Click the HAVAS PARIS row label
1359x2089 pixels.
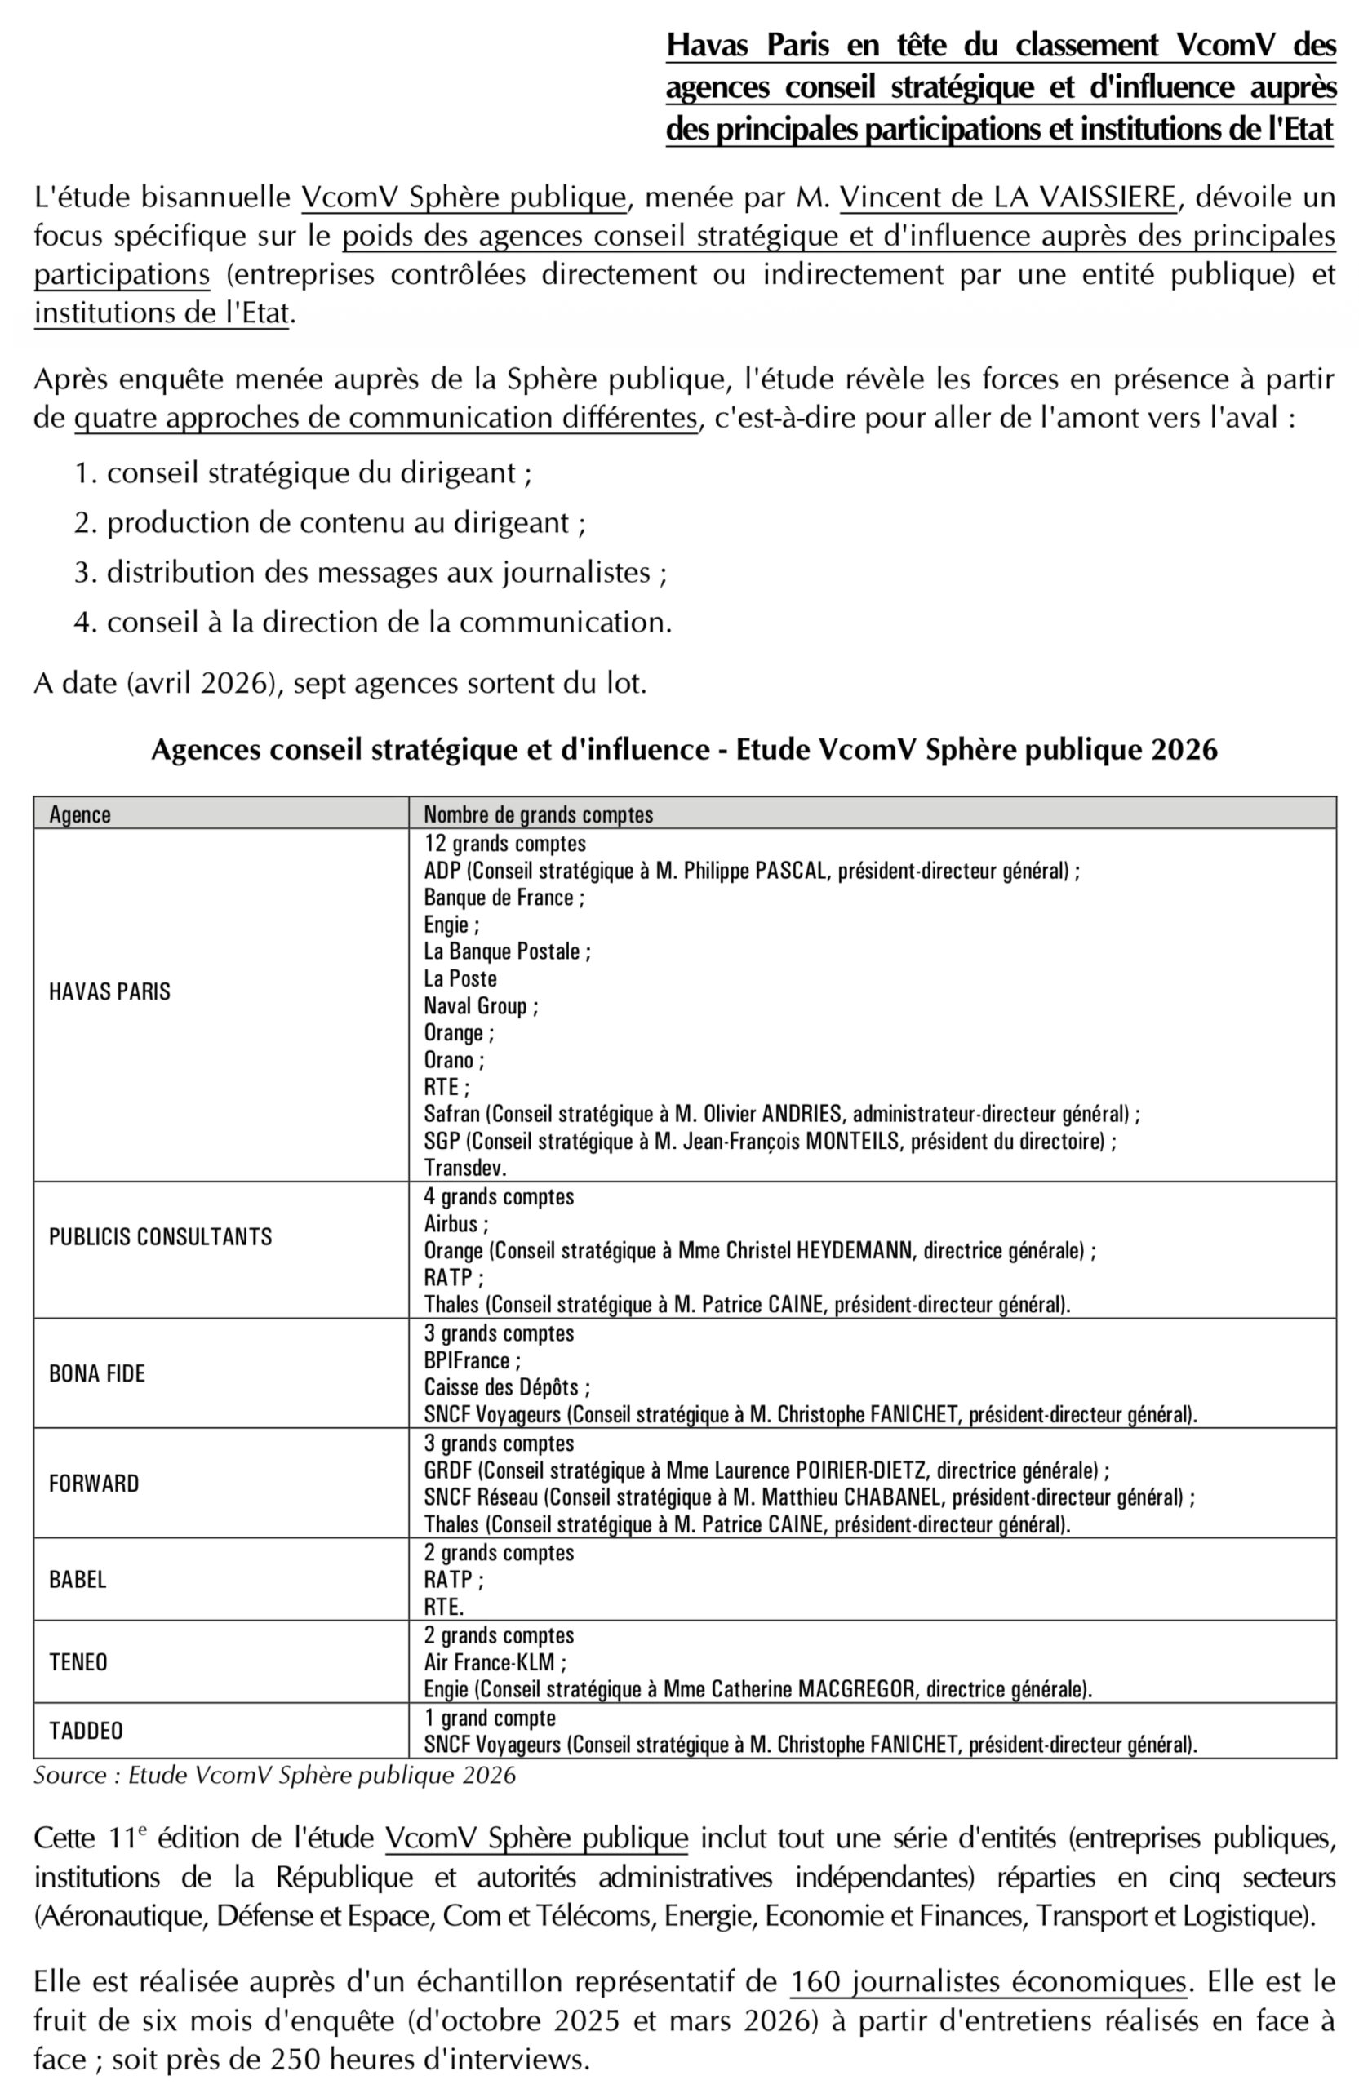click(109, 991)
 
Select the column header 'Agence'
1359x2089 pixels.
click(80, 814)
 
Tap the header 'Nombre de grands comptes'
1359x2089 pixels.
click(538, 814)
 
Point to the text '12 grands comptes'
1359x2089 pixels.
click(504, 844)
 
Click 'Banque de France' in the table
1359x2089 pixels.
click(499, 897)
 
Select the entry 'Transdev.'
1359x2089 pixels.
click(465, 1169)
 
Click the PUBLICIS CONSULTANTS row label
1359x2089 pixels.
click(161, 1237)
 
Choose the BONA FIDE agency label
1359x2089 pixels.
click(96, 1373)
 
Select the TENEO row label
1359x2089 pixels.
click(78, 1662)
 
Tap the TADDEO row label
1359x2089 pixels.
click(86, 1731)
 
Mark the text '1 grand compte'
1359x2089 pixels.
click(490, 1718)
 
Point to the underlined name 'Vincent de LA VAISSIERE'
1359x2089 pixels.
click(1007, 198)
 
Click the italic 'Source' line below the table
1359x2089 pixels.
click(274, 1776)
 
